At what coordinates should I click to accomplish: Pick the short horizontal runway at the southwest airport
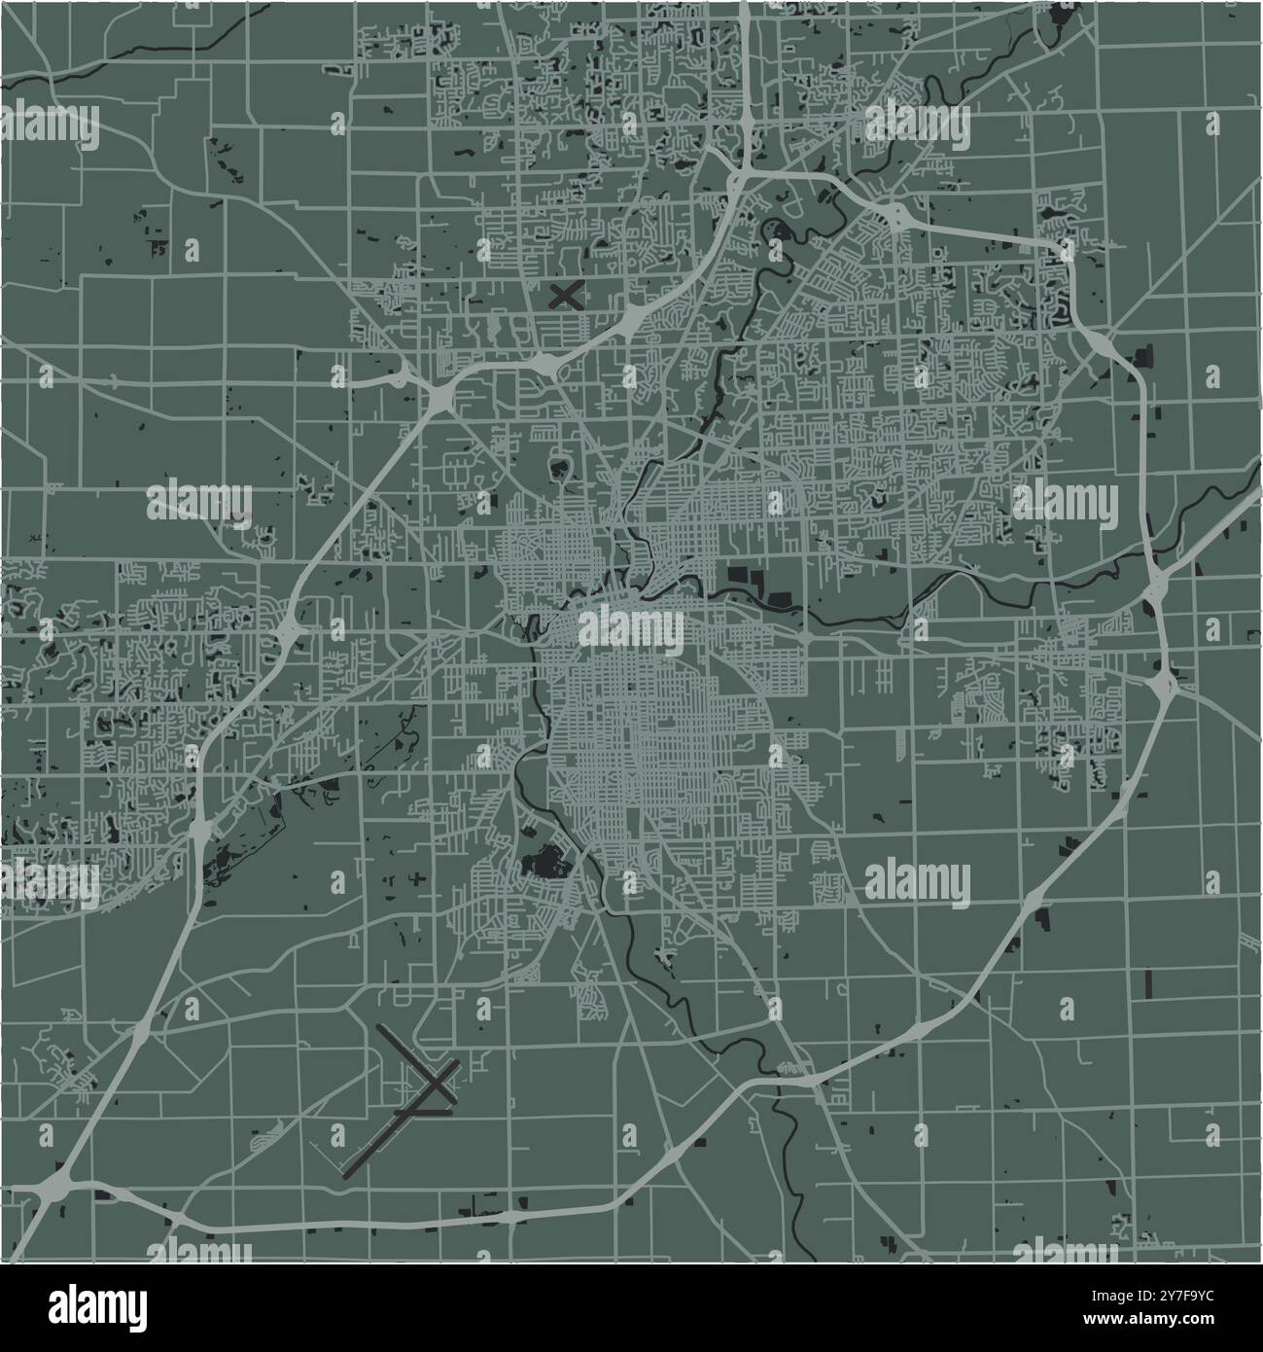(x=424, y=1110)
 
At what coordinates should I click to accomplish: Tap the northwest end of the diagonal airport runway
(x=379, y=1028)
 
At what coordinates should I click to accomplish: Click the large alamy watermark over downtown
(x=631, y=628)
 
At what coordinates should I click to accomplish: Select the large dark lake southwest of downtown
(x=544, y=862)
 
